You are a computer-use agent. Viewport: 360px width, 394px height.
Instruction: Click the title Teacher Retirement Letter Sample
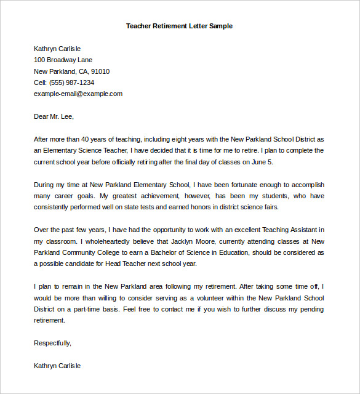point(179,26)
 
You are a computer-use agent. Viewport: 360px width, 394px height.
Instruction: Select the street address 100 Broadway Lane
point(63,60)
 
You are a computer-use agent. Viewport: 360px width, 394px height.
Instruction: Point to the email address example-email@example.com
point(78,94)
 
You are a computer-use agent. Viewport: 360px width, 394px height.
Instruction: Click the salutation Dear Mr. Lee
point(54,116)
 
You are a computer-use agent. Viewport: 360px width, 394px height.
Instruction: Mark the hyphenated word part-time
point(85,309)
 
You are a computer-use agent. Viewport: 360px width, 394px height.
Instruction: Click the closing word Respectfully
point(52,343)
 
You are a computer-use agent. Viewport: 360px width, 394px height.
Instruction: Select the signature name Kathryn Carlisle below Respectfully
point(57,366)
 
